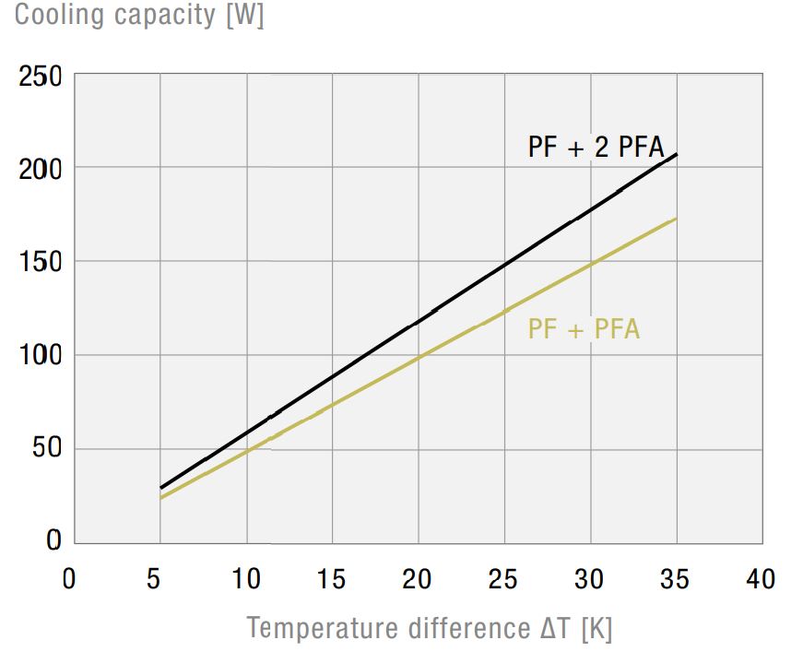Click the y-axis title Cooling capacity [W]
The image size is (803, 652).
pos(139,17)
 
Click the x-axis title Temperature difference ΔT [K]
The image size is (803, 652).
pos(430,628)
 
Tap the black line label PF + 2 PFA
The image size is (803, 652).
pos(595,147)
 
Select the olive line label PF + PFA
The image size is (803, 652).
pos(584,329)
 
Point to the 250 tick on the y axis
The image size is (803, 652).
pos(41,77)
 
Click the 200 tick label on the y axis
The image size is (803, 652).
pos(41,170)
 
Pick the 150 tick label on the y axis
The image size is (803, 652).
pos(41,263)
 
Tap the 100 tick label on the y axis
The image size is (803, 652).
pos(41,356)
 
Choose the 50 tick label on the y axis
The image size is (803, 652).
pos(46,449)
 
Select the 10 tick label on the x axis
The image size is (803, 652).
pos(246,579)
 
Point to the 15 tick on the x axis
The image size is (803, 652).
pos(332,579)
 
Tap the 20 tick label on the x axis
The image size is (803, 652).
pos(418,579)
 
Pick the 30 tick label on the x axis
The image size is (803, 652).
pos(590,579)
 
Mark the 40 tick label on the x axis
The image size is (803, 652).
pos(761,579)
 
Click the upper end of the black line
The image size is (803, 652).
pos(677,154)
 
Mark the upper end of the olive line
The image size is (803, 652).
pos(677,219)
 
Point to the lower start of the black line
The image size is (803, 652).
pos(160,488)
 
